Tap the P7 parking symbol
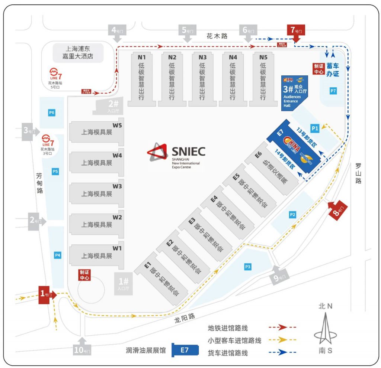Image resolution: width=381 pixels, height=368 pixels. coord(333,91)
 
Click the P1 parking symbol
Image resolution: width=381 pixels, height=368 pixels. coord(315,128)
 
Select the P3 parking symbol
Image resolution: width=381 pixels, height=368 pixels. coord(248,266)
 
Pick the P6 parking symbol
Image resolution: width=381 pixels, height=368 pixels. coord(52,113)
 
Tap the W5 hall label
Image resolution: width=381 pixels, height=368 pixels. coord(117,125)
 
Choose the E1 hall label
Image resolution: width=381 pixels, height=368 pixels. coord(147,266)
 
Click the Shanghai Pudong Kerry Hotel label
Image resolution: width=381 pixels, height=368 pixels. coord(77,52)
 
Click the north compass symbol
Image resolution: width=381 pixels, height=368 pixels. coord(325,327)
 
